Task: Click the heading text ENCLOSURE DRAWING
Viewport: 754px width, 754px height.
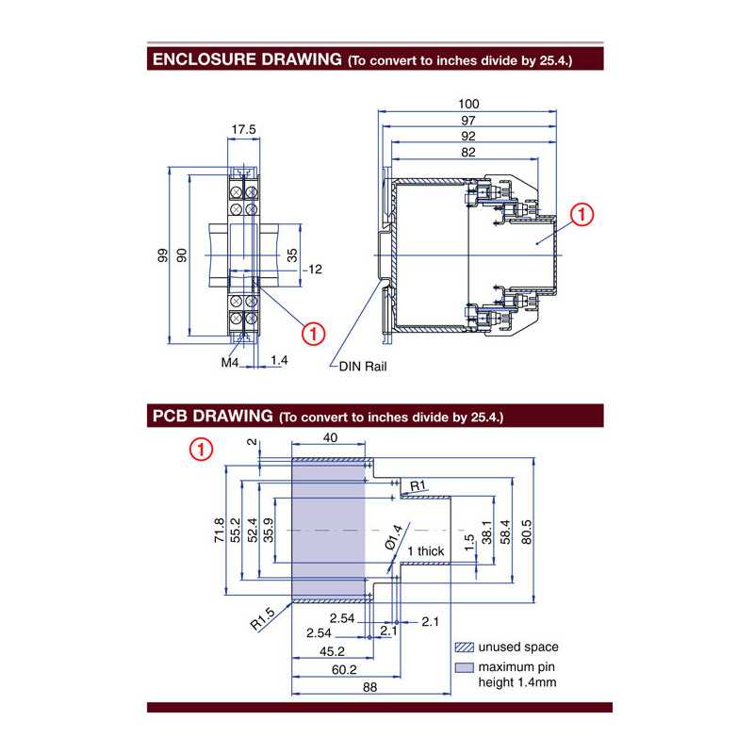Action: [246, 59]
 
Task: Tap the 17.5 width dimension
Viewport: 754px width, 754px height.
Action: [243, 129]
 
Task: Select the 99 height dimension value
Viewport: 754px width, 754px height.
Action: [161, 255]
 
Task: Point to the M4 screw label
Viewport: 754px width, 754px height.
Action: [230, 362]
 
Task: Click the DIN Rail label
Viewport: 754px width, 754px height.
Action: [363, 367]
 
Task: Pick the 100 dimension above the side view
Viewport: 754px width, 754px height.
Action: [468, 104]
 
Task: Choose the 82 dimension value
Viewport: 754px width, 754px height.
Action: [468, 152]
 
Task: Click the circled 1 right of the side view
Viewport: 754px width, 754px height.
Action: [582, 216]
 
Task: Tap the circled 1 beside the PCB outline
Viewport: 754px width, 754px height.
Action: [201, 450]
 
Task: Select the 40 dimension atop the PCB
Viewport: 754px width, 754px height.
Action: [329, 438]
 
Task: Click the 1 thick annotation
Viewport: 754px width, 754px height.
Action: [425, 551]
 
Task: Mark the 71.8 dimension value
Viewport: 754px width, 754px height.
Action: [220, 531]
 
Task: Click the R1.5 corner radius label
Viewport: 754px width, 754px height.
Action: [263, 618]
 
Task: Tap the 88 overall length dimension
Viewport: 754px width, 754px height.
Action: [369, 688]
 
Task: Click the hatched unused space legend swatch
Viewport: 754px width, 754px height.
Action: [464, 647]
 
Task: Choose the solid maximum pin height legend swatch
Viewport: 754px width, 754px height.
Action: [464, 667]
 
